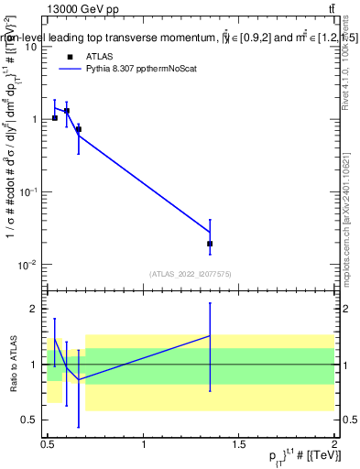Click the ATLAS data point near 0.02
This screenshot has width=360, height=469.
click(210, 244)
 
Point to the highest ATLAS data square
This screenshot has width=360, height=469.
click(67, 111)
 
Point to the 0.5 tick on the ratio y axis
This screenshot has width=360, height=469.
click(31, 420)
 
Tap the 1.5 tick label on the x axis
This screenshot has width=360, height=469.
click(239, 444)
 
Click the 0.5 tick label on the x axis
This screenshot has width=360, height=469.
click(48, 444)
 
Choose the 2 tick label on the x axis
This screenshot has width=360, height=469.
click(334, 444)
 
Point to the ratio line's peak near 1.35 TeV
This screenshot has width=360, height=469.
click(210, 336)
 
